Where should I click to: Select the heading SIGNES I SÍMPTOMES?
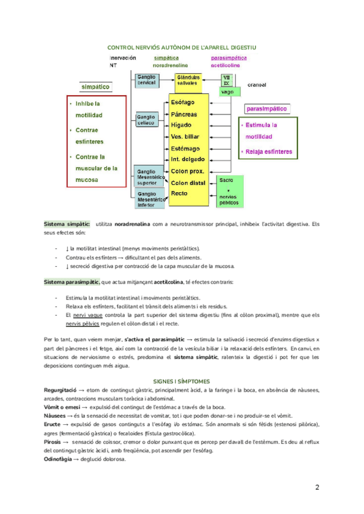(181, 381)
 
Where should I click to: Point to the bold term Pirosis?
(56, 443)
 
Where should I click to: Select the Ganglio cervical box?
(146, 79)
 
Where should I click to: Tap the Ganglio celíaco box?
(146, 119)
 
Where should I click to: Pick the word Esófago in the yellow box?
(183, 102)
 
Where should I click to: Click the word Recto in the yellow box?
(180, 193)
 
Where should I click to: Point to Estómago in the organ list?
(186, 148)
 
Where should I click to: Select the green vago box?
(227, 92)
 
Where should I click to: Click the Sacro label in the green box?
(226, 180)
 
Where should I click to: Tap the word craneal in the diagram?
(257, 85)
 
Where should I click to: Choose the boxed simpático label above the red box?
(96, 87)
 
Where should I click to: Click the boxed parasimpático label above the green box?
(267, 109)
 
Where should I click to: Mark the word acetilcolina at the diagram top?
(225, 64)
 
